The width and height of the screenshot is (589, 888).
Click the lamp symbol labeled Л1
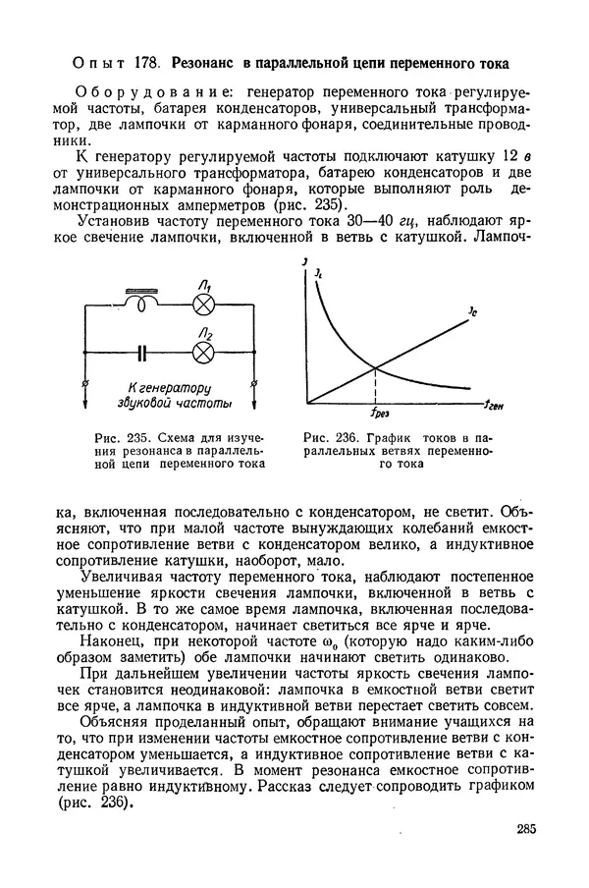(x=203, y=304)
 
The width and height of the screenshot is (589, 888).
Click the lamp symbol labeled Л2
(x=203, y=351)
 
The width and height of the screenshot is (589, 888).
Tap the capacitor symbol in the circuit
(x=144, y=351)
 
